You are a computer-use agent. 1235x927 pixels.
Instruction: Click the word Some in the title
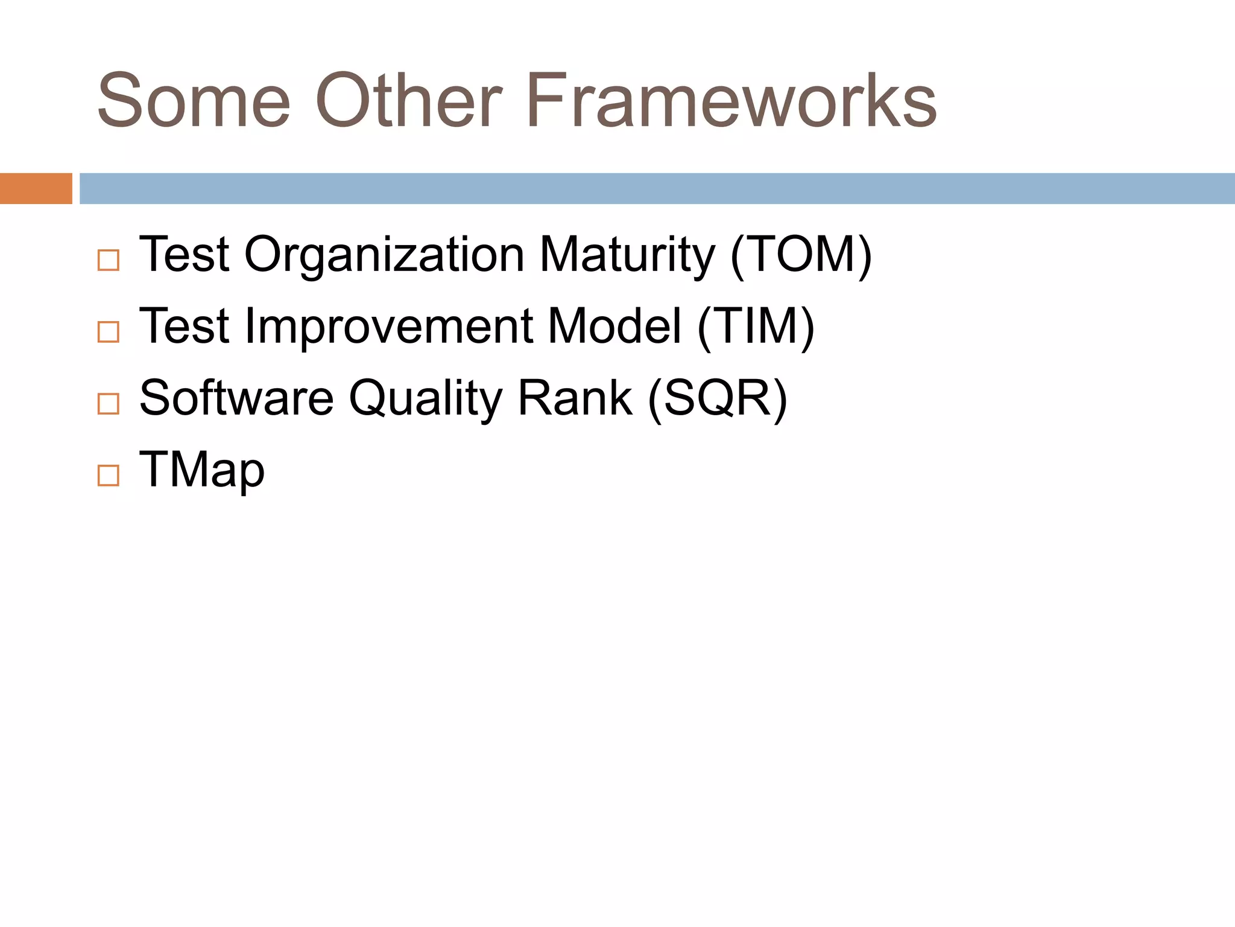click(x=194, y=101)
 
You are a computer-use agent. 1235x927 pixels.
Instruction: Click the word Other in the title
click(x=408, y=101)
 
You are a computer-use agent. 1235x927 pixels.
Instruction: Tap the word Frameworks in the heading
click(x=731, y=101)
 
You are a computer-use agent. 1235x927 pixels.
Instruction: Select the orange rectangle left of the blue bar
click(x=36, y=188)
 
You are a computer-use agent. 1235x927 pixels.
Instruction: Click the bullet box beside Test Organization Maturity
click(x=109, y=260)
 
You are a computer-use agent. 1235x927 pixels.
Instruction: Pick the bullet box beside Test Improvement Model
click(x=109, y=332)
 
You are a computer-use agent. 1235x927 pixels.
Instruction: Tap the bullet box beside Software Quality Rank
click(x=109, y=403)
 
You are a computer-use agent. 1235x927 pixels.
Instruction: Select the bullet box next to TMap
click(x=109, y=476)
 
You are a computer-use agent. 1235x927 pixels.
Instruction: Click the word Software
click(x=236, y=398)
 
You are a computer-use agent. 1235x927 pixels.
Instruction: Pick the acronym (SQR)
click(x=717, y=398)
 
